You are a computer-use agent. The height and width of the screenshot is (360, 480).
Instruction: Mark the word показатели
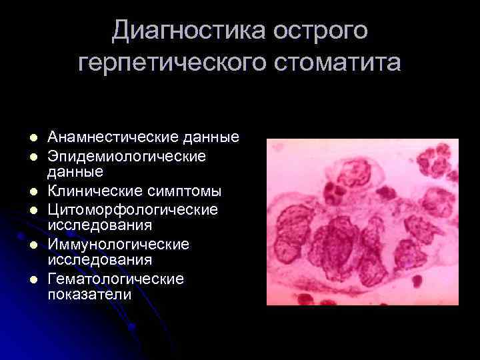pyautogui.click(x=89, y=294)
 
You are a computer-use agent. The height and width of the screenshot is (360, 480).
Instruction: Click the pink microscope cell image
pyautogui.click(x=363, y=221)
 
